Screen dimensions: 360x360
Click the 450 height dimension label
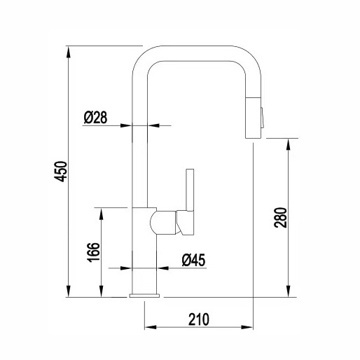pos(60,172)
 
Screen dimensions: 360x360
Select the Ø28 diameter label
pos(95,118)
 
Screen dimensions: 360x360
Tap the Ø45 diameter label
pos(193,260)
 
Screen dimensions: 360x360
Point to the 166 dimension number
pos(93,252)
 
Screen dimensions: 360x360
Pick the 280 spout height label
pos(280,217)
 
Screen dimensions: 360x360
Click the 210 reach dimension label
pos(199,319)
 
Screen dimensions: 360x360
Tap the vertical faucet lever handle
pos(190,190)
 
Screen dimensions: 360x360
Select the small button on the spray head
pos(263,118)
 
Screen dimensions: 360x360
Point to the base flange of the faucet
pos(144,296)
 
